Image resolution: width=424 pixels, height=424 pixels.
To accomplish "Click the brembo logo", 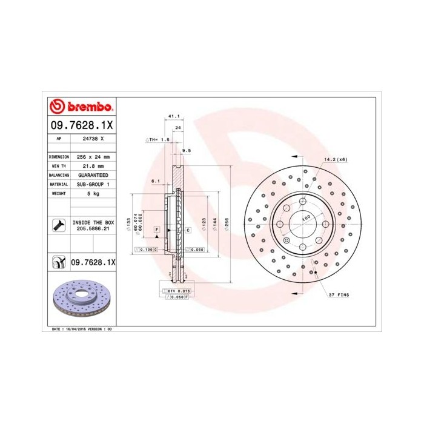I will tap(81, 107).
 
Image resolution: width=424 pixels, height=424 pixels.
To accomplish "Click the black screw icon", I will tap(59, 226).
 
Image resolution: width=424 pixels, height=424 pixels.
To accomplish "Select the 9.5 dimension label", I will tap(187, 150).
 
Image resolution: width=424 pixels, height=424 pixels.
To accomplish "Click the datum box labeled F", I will tap(156, 230).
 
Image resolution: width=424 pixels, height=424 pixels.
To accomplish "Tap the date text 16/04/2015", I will tap(75, 328).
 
